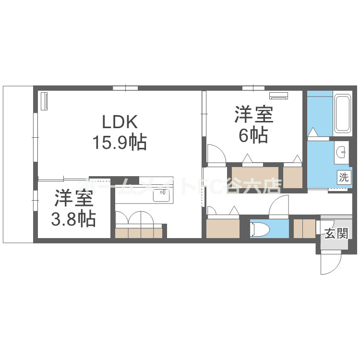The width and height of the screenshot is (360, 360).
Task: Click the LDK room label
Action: (x=119, y=120)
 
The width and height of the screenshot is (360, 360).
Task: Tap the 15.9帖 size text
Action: (x=119, y=143)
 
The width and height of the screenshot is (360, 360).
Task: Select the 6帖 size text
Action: (x=253, y=136)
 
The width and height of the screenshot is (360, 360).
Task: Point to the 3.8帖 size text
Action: (x=73, y=219)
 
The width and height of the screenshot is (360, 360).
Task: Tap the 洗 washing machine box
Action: (x=344, y=176)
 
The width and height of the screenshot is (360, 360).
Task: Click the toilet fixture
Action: (x=261, y=228)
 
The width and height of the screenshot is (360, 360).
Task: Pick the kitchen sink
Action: (x=161, y=195)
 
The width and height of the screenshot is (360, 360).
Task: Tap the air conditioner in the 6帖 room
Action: (x=278, y=95)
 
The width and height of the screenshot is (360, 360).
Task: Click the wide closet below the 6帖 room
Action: (x=255, y=177)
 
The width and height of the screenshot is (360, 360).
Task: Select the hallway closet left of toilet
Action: (x=223, y=228)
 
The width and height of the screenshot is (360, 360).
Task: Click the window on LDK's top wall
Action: (x=126, y=88)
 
